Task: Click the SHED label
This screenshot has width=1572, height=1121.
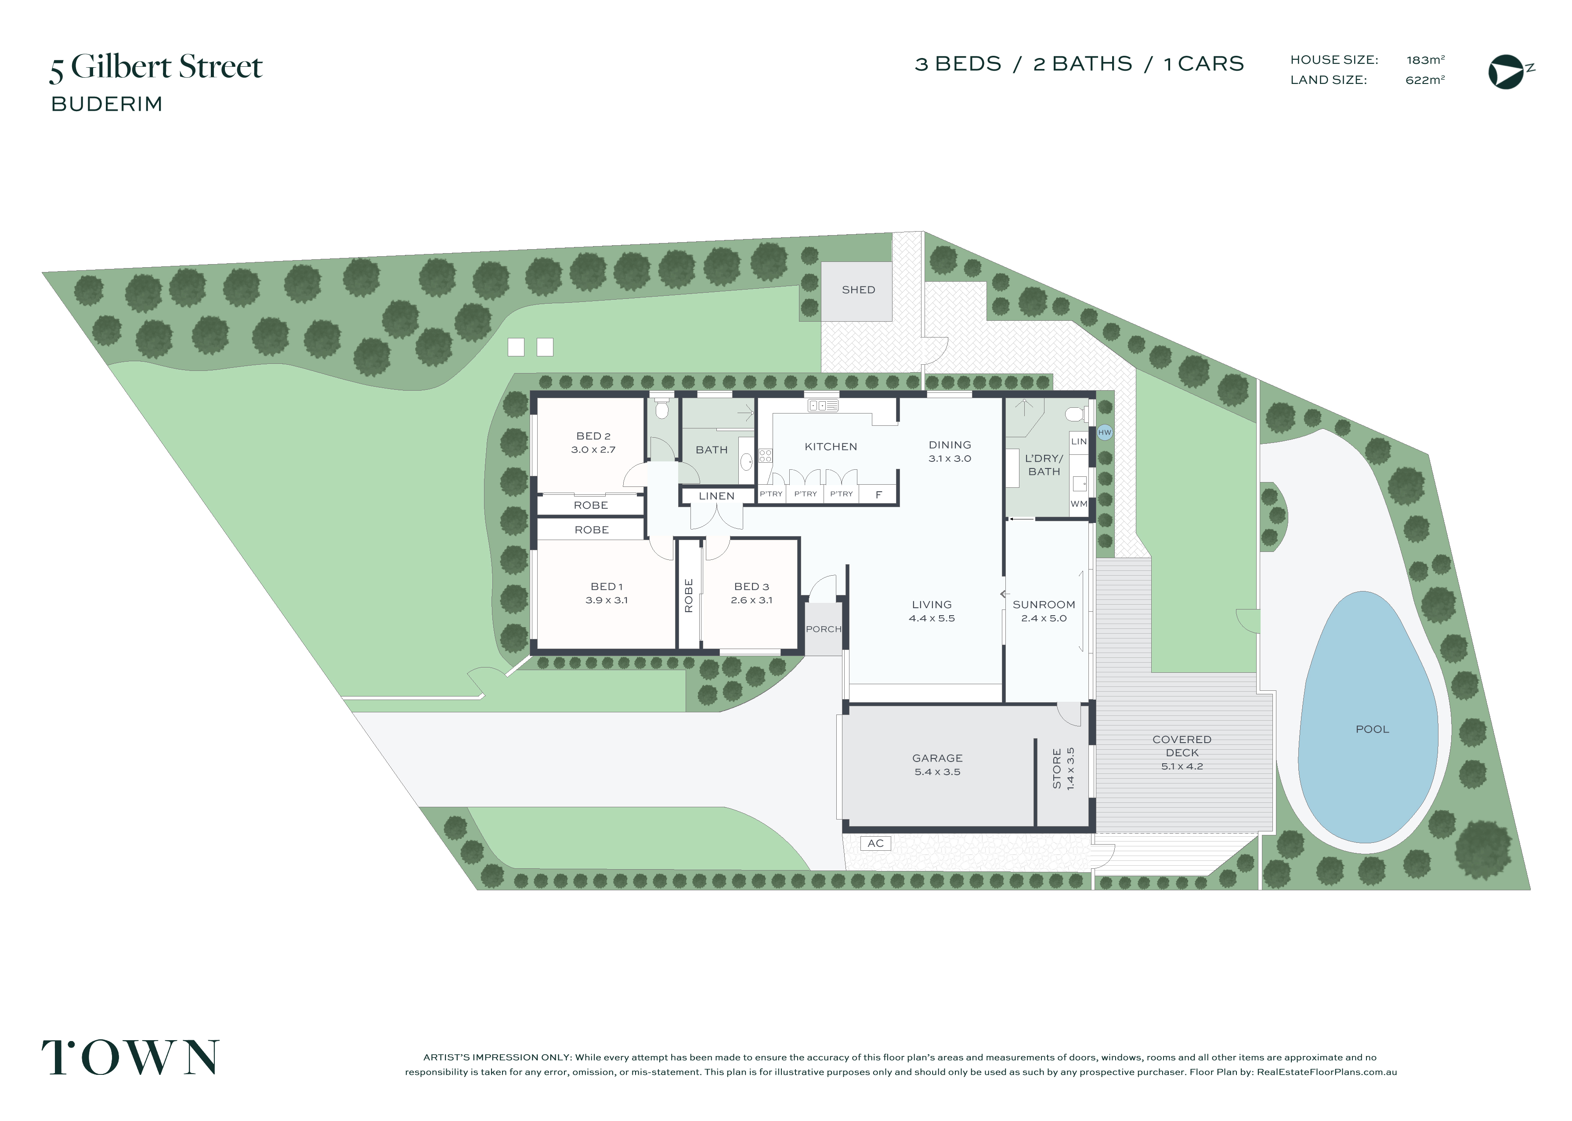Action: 858,290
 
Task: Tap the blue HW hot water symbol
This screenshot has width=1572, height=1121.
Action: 1104,432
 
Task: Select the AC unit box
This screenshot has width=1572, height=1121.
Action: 875,844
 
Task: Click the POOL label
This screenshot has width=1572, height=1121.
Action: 1372,729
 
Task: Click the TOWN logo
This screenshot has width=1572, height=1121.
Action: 130,1057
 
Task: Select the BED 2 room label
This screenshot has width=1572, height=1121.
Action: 593,436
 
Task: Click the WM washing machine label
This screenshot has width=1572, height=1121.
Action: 1079,504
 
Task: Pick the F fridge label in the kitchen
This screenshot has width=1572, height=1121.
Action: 879,495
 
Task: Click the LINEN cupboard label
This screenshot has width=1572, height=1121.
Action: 717,496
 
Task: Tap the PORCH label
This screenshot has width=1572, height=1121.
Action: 824,629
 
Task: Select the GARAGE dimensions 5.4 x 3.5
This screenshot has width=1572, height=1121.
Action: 937,772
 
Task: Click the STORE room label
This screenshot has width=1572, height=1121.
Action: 1057,768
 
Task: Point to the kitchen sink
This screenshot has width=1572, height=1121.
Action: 823,406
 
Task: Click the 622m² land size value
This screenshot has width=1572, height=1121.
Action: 1425,80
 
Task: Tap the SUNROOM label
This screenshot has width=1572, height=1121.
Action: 1044,605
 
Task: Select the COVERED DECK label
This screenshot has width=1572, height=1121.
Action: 1182,746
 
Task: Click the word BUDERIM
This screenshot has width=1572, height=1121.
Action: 107,104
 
